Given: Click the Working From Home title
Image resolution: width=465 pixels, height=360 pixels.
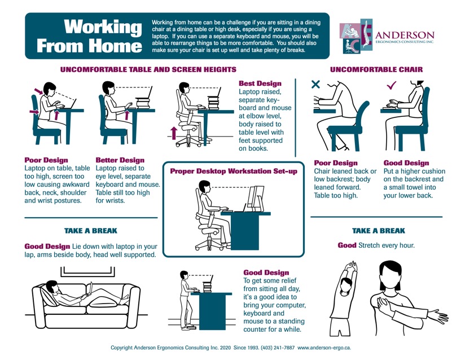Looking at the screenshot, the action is click(89, 36).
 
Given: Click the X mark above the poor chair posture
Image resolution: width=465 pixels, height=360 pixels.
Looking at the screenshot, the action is click(315, 84).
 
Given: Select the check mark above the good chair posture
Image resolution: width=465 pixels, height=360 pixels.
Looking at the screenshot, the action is click(392, 85).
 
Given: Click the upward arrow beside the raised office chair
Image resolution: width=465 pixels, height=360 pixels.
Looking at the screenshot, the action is click(174, 133).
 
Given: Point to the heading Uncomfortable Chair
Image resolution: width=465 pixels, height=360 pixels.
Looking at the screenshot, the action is click(376, 70).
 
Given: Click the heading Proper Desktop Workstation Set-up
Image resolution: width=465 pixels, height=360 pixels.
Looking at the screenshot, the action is click(234, 171).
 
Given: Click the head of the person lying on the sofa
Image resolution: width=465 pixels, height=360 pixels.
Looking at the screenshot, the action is click(52, 286).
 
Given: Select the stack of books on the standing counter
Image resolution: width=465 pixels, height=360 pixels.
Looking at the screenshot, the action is click(207, 287).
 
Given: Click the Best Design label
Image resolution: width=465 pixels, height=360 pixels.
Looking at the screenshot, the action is click(260, 84).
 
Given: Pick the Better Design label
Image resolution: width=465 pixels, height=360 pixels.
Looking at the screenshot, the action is click(120, 160).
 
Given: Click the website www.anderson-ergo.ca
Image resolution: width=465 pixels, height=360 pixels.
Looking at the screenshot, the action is click(324, 348).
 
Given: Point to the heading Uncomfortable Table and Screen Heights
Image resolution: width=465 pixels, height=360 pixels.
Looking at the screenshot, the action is click(148, 70).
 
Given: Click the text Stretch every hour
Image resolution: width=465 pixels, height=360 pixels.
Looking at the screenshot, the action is click(387, 245).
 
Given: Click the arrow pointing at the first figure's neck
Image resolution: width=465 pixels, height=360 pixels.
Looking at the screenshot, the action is click(38, 91).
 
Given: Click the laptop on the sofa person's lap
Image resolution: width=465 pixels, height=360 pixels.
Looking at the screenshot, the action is click(89, 289).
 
